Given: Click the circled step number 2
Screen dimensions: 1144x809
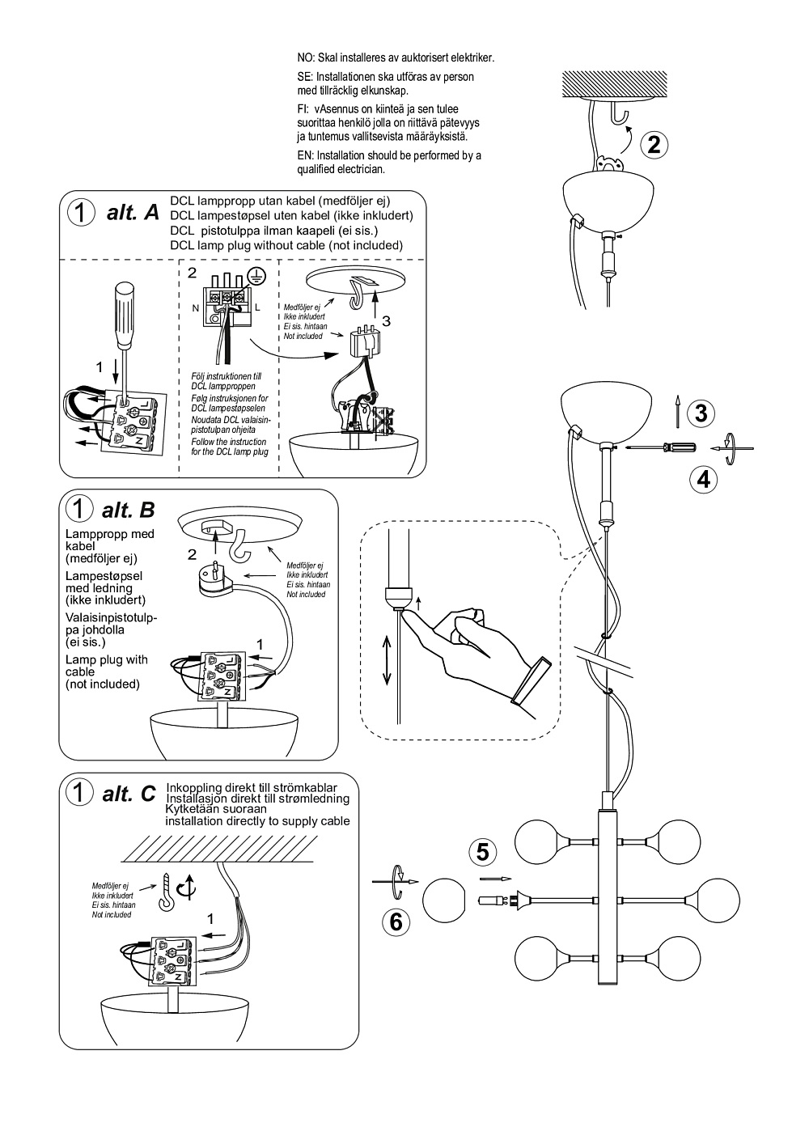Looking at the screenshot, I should point(654,145).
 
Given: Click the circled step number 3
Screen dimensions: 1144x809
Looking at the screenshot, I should point(701,413).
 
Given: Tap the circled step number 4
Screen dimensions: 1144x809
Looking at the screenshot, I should point(704,479).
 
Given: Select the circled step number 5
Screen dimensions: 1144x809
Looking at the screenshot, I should point(483,851).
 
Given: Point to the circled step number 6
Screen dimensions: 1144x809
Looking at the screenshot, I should point(396,922).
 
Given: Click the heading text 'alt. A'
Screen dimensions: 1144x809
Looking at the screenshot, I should point(133,213).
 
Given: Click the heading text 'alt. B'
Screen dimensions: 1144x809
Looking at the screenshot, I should point(128,510).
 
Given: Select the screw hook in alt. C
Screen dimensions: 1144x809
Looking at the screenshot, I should point(168,892).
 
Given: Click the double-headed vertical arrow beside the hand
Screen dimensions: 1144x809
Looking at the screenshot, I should point(388,659).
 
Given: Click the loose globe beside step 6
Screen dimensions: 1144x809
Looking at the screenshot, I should point(444,902).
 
